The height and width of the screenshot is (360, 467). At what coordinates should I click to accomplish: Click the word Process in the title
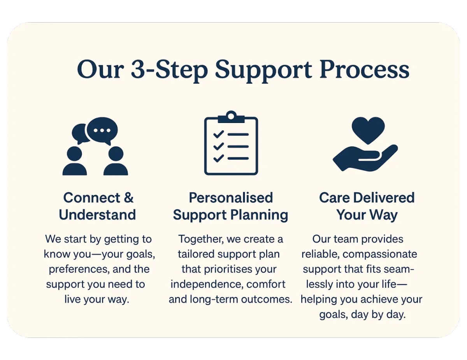(364, 70)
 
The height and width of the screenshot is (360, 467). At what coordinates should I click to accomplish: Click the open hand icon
(365, 158)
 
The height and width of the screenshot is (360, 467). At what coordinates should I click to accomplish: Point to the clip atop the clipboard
(231, 117)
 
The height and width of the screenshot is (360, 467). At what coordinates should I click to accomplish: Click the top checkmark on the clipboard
(219, 134)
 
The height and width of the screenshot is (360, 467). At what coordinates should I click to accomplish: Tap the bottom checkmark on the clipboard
(219, 158)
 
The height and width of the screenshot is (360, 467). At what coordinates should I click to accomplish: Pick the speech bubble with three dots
(102, 131)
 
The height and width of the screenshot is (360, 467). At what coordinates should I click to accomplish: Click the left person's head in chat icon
(74, 154)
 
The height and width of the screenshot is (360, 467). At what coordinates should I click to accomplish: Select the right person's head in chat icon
(116, 154)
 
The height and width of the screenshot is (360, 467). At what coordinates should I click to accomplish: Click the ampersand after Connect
(129, 198)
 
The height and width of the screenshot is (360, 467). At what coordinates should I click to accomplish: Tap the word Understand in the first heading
(97, 215)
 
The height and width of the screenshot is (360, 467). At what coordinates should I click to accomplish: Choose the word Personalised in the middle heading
(231, 198)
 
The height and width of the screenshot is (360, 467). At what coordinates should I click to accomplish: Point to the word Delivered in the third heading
(384, 198)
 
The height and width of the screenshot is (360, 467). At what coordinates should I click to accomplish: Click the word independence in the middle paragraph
(207, 284)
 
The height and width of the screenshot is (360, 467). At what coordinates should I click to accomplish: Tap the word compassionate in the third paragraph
(380, 255)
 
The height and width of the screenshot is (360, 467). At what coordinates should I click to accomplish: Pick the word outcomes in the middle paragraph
(267, 299)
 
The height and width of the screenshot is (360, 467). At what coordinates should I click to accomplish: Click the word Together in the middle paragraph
(201, 239)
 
